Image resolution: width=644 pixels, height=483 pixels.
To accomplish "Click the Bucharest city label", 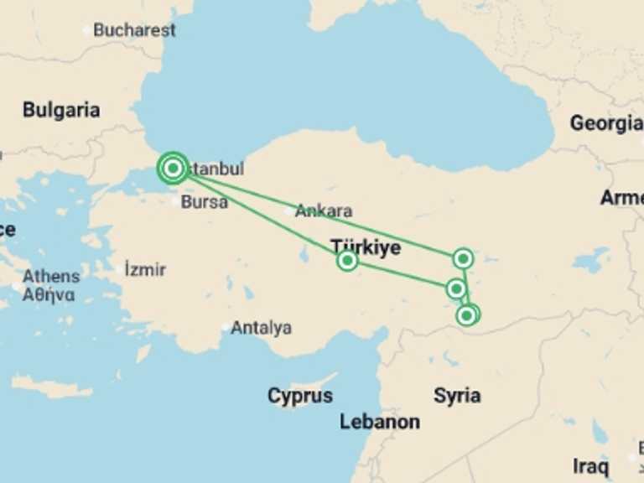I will (134, 30).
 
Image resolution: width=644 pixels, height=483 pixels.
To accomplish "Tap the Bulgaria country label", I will (61, 110).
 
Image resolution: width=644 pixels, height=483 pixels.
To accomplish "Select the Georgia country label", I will (605, 123).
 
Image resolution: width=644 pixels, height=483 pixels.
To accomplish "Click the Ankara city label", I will (323, 211).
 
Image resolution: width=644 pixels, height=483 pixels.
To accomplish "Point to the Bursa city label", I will (204, 202).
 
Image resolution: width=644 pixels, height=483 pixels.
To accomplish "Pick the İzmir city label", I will (145, 270).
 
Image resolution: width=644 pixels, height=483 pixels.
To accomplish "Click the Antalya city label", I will (261, 328).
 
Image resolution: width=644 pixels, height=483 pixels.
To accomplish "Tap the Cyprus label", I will (300, 396).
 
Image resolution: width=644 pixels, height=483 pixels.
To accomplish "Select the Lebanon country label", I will (379, 422).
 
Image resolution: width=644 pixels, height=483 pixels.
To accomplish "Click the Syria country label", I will (457, 396).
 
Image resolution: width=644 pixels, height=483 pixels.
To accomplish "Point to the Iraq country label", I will (590, 466).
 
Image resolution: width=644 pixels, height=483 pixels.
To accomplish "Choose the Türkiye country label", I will (365, 247).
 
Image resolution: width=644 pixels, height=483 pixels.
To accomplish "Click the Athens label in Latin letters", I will (51, 276).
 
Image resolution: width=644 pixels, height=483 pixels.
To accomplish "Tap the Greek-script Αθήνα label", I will (49, 294).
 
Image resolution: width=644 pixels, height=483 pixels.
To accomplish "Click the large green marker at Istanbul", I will (173, 169).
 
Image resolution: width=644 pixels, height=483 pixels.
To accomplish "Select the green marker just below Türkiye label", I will (347, 261).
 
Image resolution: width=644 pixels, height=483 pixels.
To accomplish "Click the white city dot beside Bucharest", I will (86, 31).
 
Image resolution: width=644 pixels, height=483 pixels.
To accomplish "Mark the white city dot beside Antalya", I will (225, 328).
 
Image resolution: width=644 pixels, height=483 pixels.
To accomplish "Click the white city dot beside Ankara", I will (288, 211).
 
